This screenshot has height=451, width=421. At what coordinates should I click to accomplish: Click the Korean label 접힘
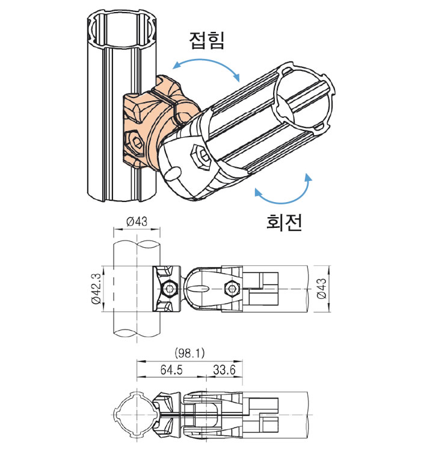(x=206, y=40)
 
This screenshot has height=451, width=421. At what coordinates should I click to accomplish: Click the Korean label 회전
(x=284, y=222)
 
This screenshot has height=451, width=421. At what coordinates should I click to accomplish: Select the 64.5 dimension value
(x=171, y=370)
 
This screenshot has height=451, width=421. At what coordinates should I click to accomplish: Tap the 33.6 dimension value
(x=224, y=370)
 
